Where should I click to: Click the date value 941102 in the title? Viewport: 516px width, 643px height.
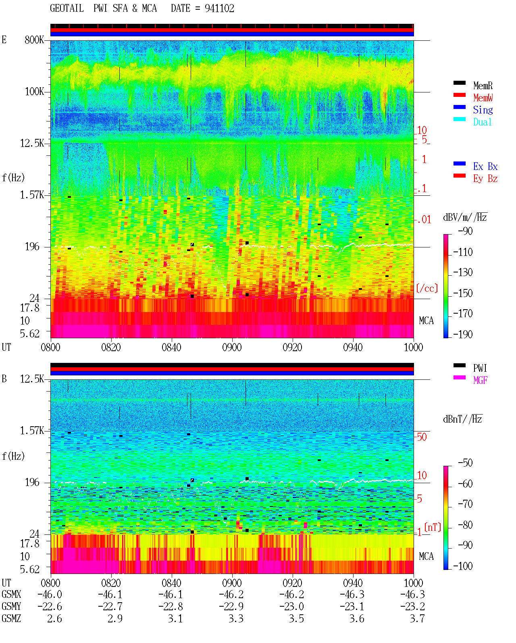[x=219, y=8]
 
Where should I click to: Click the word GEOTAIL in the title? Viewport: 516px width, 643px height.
[x=67, y=8]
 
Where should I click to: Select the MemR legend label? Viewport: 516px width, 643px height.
[x=483, y=86]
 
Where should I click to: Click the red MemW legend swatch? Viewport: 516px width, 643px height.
[x=459, y=95]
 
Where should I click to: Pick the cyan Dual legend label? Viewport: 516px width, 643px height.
[x=483, y=122]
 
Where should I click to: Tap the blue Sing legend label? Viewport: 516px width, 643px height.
[x=483, y=110]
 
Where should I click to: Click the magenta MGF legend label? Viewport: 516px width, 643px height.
[x=480, y=380]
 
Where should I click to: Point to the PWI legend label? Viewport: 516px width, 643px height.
[x=480, y=368]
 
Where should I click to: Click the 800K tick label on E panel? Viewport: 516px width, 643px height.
[x=34, y=40]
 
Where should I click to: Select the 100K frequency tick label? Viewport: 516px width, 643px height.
[x=34, y=92]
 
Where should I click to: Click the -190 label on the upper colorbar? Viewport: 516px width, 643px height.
[x=463, y=334]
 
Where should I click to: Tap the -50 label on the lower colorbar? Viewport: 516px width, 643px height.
[x=465, y=463]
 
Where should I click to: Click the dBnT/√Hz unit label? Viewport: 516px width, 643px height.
[x=463, y=419]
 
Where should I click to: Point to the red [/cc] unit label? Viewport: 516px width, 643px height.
[x=427, y=288]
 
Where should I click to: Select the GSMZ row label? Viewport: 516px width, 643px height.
[x=11, y=618]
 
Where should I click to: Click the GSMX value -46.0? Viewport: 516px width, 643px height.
[x=50, y=594]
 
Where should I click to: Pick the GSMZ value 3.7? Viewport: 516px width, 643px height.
[x=417, y=618]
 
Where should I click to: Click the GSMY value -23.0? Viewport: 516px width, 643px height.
[x=291, y=606]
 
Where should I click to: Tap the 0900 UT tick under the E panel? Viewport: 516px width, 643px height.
[x=232, y=347]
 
